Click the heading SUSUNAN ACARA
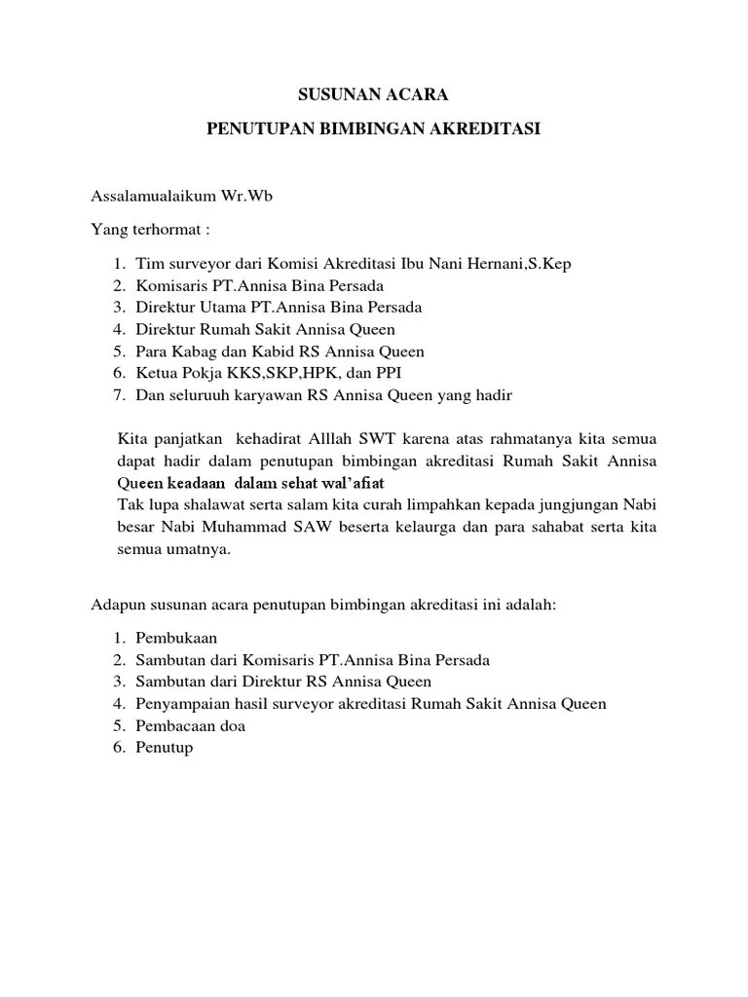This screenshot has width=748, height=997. (x=373, y=95)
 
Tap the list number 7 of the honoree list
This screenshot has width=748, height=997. (x=116, y=395)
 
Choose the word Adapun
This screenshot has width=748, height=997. (x=116, y=605)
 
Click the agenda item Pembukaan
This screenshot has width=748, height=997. (x=175, y=639)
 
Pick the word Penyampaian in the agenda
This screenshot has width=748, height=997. (x=180, y=704)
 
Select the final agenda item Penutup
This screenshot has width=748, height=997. (x=165, y=748)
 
